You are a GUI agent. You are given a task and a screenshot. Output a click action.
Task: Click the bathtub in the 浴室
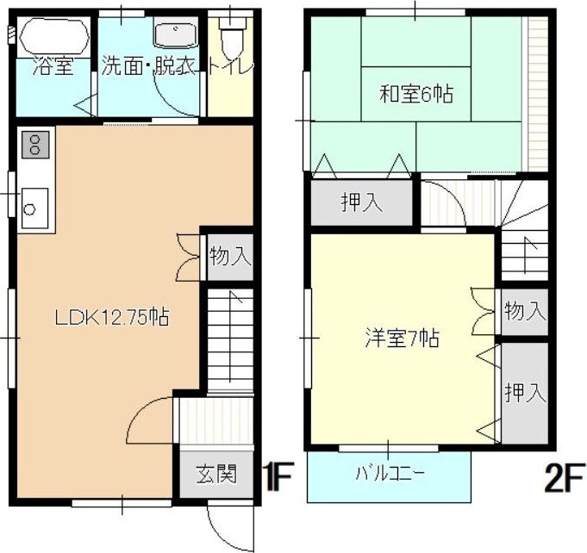(53, 38)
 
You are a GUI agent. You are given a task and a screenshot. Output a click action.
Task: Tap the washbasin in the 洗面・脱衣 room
(176, 35)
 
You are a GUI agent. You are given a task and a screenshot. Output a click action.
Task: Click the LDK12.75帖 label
(111, 317)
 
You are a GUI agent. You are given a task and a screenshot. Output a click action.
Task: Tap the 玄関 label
(215, 473)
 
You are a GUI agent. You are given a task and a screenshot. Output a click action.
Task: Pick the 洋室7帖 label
(401, 339)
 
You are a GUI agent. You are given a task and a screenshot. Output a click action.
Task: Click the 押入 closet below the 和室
(362, 203)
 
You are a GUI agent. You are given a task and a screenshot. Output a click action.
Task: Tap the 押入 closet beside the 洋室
(525, 393)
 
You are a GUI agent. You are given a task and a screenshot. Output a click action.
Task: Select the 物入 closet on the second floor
(525, 311)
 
